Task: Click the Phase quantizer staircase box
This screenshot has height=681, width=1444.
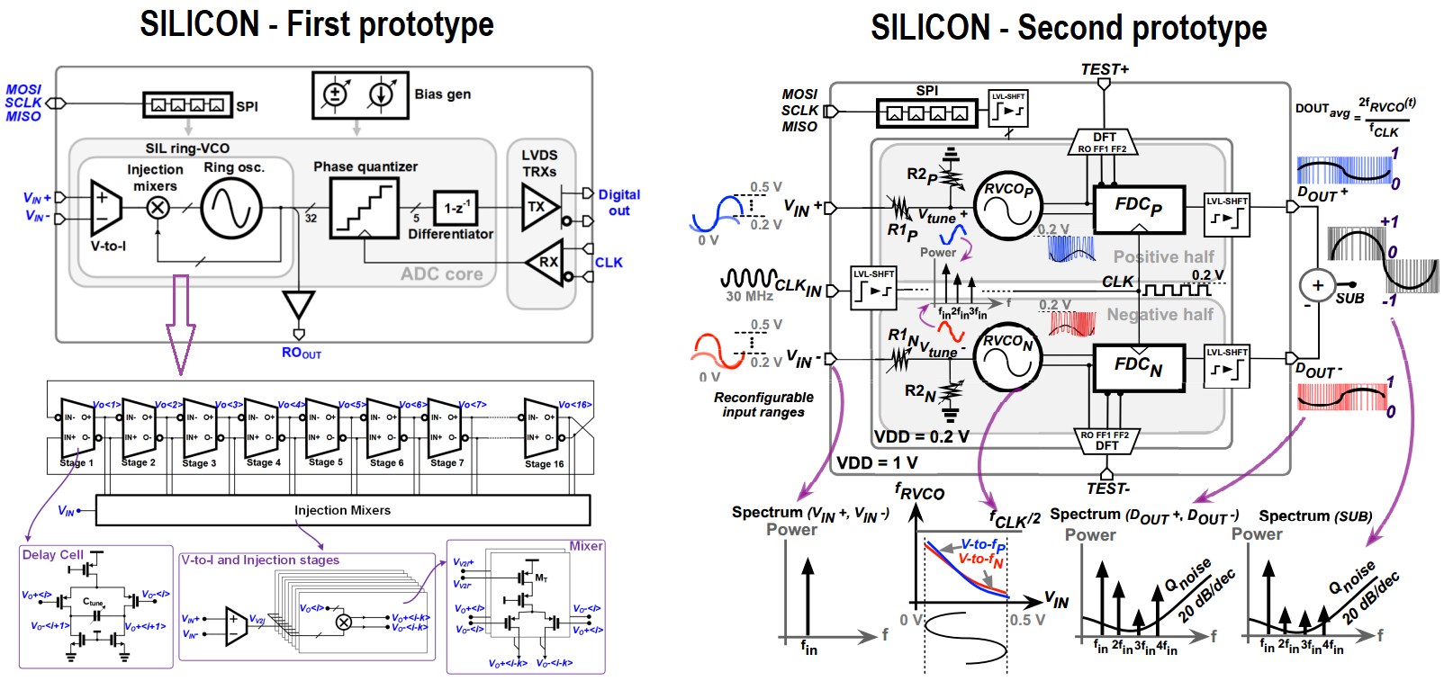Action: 365,208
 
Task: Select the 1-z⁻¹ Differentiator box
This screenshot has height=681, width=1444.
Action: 456,208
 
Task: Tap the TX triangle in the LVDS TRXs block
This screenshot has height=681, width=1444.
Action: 538,207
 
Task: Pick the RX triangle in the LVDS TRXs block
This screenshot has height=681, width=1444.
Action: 546,263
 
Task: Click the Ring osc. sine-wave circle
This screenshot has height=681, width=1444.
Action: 231,208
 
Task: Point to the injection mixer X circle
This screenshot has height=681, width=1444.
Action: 158,208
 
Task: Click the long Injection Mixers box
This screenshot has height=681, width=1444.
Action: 342,510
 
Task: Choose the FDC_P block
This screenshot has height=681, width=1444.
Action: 1139,207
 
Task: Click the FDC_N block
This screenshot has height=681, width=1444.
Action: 1139,366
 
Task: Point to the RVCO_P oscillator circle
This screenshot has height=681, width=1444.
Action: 1008,206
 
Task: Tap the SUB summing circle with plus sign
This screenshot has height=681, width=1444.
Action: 1317,285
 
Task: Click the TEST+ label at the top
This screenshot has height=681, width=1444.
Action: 1105,69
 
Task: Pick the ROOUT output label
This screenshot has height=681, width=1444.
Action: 301,353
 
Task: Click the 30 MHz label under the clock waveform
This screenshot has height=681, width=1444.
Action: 749,296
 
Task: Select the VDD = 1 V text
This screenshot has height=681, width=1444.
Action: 877,463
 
